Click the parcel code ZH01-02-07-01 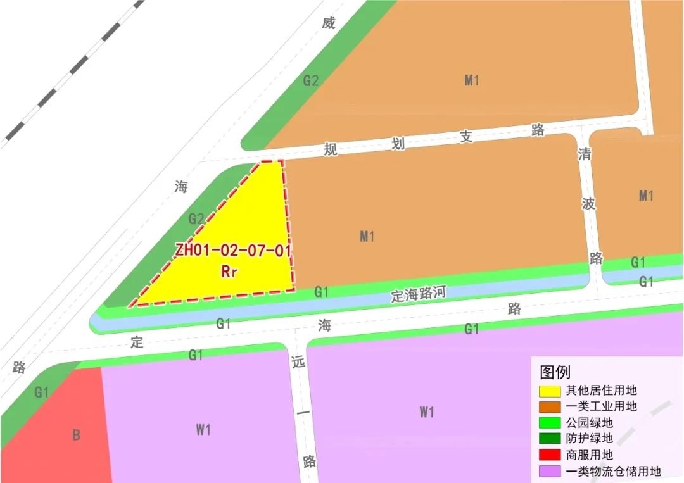click(233, 250)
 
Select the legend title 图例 click(555, 372)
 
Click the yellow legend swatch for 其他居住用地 click(550, 391)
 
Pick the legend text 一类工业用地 click(601, 406)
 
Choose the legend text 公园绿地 click(590, 422)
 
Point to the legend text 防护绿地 click(590, 439)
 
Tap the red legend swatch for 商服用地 click(550, 455)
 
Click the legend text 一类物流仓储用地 click(613, 471)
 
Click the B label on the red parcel click(77, 436)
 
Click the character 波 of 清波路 click(590, 204)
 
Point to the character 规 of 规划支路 click(331, 149)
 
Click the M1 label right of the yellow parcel click(367, 237)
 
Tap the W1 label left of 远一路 click(203, 430)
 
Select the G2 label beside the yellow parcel click(196, 220)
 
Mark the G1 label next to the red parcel click(42, 392)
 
